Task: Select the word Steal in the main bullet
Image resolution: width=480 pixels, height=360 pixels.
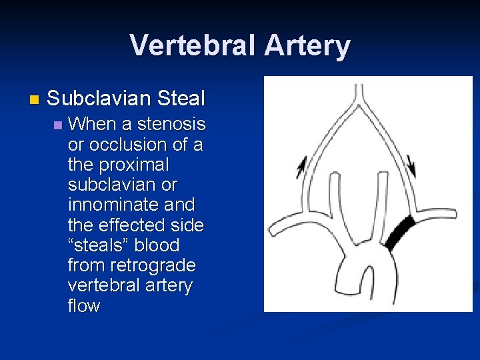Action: pos(181,99)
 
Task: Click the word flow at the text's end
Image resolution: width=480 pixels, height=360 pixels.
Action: pos(84,306)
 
